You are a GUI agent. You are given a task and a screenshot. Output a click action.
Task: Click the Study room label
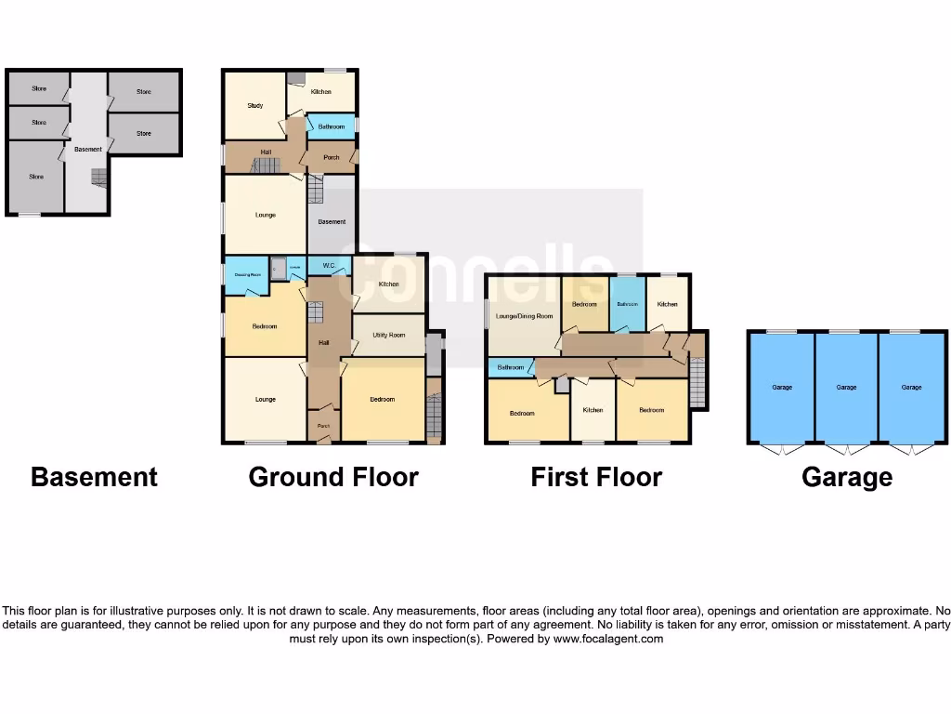point(254,106)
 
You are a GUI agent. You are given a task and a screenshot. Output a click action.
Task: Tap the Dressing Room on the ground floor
point(247,275)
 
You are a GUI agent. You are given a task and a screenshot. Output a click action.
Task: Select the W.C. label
point(329,266)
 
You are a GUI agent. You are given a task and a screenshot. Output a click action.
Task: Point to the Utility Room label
point(388,335)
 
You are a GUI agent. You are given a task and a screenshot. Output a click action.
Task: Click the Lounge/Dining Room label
point(524,316)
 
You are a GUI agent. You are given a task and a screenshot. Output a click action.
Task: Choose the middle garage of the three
point(846,387)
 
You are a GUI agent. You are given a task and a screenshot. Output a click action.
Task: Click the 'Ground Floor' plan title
point(333,477)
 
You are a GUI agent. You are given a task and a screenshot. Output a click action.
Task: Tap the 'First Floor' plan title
point(596,477)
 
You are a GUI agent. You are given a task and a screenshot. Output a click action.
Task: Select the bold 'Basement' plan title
point(94,477)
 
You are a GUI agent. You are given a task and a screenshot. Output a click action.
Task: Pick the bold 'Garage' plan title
point(847,477)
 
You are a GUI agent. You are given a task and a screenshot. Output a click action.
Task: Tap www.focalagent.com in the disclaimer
point(608,639)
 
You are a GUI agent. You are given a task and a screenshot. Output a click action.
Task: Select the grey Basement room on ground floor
point(332,221)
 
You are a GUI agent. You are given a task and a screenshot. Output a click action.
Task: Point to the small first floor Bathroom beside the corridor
point(510,367)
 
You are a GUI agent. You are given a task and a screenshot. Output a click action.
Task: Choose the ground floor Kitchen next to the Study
point(320,91)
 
